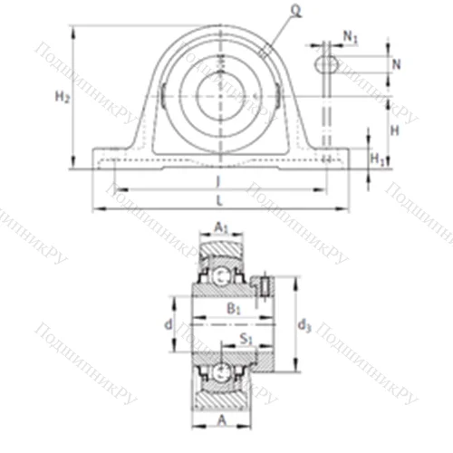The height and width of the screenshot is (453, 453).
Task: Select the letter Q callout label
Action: pos(296,10)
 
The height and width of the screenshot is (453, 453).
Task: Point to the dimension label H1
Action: pos(379,159)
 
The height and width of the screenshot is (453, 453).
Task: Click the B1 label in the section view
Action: pos(232,309)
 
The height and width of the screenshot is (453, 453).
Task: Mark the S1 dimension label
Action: pos(244,340)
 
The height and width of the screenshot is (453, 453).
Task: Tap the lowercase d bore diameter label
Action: pos(168,324)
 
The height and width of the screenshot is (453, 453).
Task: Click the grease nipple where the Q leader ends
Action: pos(264,50)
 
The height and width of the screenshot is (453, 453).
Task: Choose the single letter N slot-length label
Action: pos(396,64)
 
